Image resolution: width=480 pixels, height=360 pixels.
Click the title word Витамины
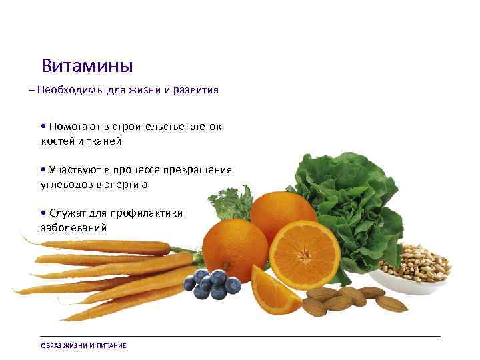coord(87,66)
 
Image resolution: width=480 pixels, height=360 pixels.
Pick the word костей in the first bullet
coord(55,141)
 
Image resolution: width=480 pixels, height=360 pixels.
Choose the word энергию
coord(127,184)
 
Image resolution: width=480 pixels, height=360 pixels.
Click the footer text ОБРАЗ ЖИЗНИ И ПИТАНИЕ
coord(83,345)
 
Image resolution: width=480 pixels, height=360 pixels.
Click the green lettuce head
coord(347,193)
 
